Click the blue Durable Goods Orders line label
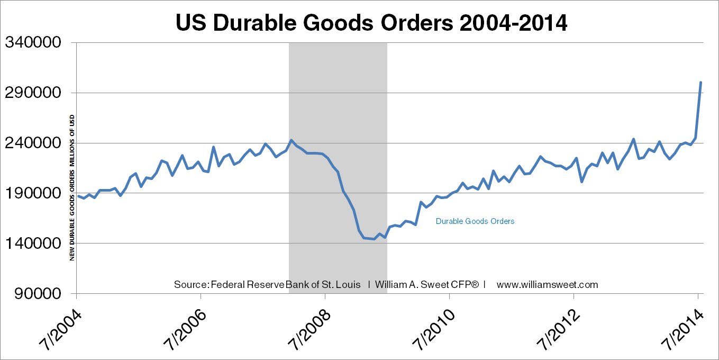pos(475,221)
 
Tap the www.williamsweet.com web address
pos(547,284)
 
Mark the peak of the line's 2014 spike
pos(700,83)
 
